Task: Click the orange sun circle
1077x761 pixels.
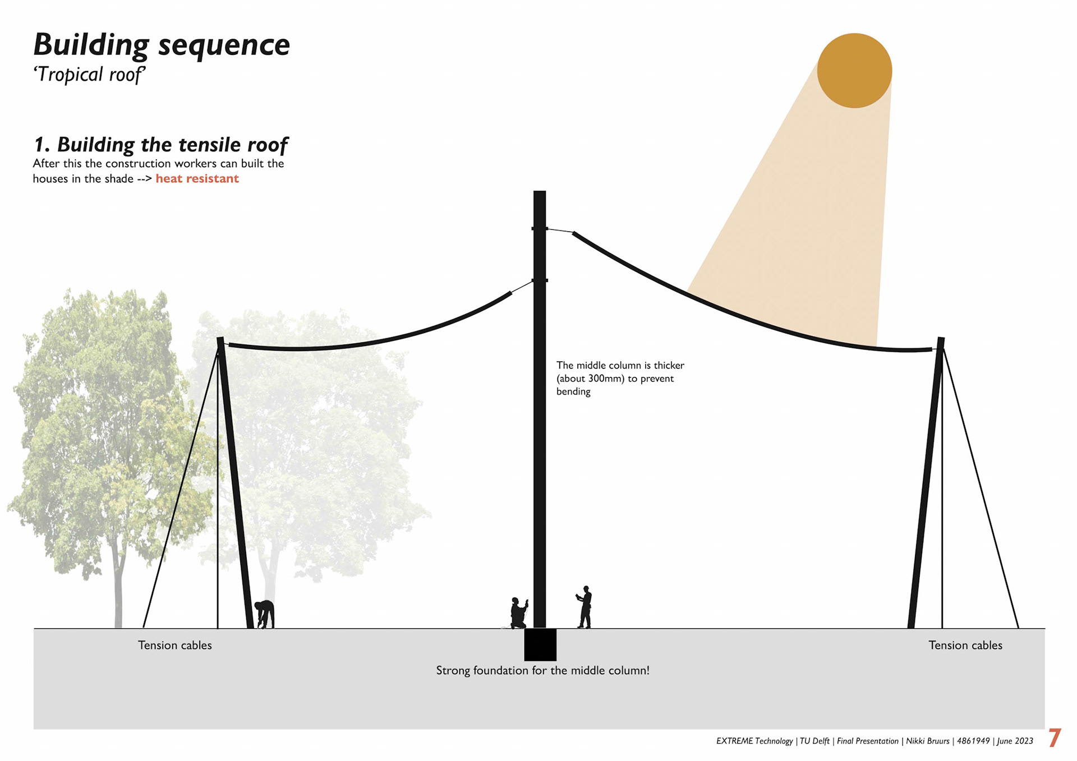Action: pos(854,71)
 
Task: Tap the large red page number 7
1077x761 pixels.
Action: pos(1055,738)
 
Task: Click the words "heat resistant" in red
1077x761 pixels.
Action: pos(197,179)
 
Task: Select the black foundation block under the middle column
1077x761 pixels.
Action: pos(540,644)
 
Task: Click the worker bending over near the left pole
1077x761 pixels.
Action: pos(265,614)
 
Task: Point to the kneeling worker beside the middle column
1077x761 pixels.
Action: pos(518,613)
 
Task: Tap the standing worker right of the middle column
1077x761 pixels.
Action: pos(584,607)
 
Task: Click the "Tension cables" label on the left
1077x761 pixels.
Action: pos(175,645)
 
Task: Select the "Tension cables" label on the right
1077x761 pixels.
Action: pos(965,645)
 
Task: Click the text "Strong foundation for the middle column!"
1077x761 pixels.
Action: pos(542,671)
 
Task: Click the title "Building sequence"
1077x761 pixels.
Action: pos(162,45)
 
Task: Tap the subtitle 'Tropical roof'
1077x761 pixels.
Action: pos(90,75)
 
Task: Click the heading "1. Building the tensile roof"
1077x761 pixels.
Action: pos(160,145)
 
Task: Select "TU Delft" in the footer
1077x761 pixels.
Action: pos(814,741)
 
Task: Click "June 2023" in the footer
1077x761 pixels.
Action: pos(1015,741)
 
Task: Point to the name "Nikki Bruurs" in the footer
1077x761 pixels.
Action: pos(927,741)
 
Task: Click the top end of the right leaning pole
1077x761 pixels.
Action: pos(941,340)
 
